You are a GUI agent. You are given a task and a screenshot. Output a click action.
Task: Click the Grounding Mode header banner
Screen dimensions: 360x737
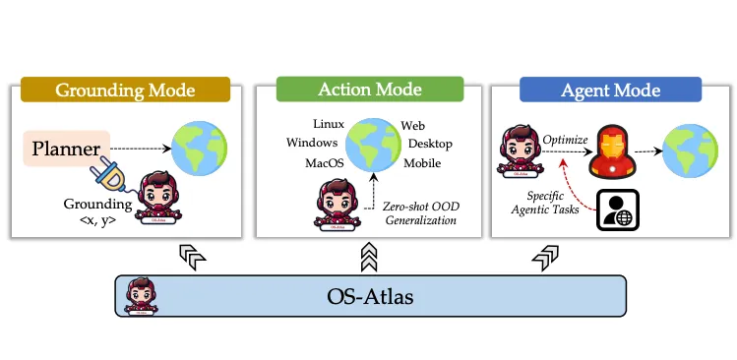[124, 90]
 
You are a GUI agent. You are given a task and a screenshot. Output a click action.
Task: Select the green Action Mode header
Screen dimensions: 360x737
[370, 89]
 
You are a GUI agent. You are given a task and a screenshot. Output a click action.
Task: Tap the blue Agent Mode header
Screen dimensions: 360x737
[610, 90]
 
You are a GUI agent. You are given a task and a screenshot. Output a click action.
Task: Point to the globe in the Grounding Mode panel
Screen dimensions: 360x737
[200, 148]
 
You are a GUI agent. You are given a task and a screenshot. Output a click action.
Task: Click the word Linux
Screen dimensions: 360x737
[328, 124]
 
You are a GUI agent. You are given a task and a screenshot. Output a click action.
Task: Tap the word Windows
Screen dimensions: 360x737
[312, 143]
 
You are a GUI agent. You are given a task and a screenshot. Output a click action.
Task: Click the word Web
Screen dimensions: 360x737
[412, 126]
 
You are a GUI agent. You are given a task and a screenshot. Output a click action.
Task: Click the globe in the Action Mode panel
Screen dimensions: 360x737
[370, 144]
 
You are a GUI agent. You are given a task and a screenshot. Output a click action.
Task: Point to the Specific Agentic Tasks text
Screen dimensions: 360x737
[559, 204]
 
